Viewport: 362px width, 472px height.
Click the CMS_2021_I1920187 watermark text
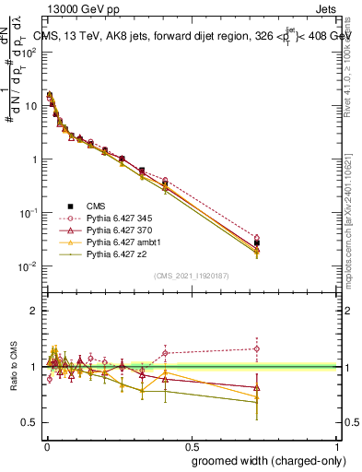coord(191,276)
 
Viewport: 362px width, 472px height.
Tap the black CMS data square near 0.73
coord(257,243)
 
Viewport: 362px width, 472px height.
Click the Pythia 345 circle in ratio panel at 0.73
coord(257,348)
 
